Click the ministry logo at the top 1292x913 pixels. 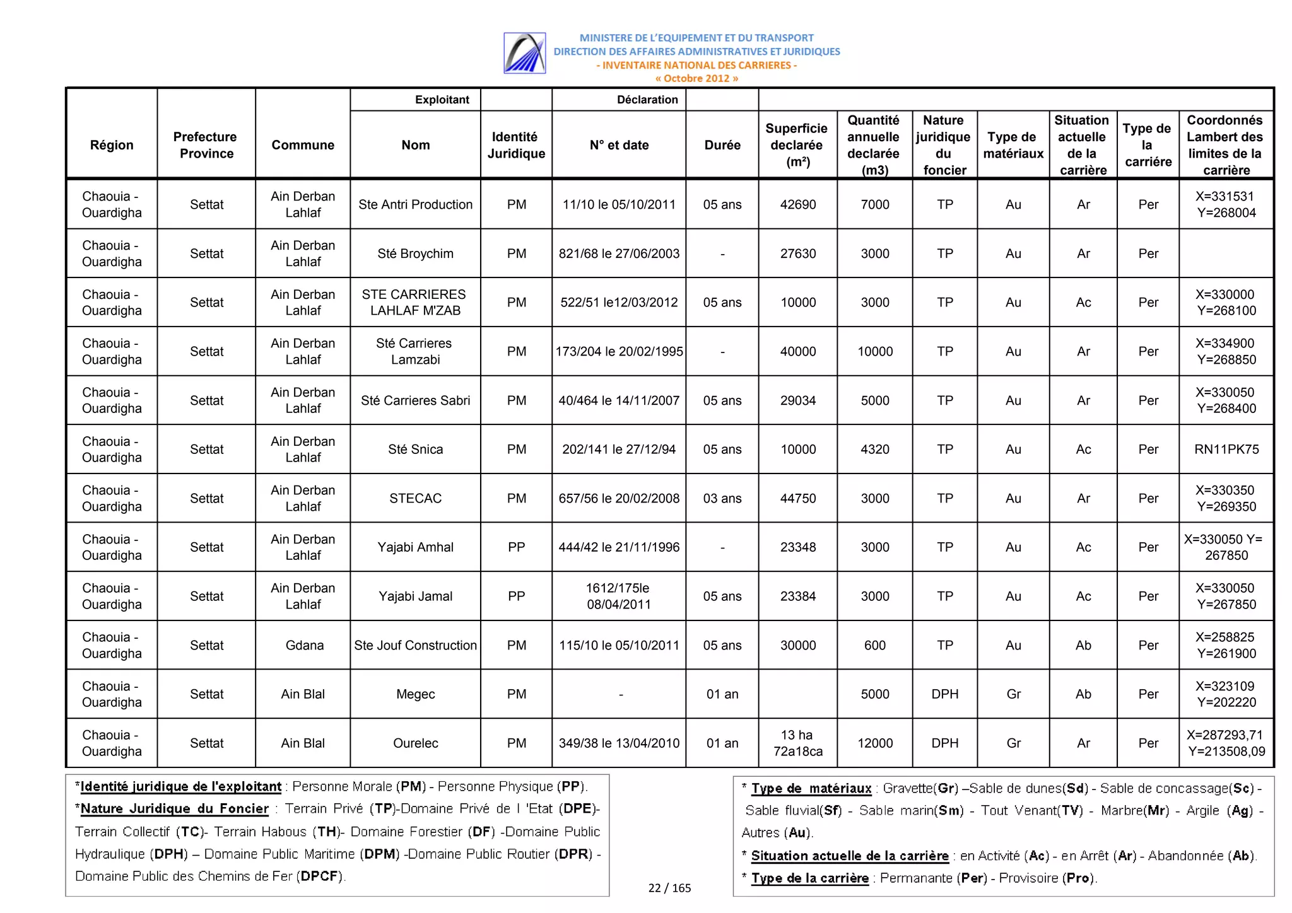tap(524, 53)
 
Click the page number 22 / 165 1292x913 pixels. tap(669, 888)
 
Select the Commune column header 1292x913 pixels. tap(303, 145)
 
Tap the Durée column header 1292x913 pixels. tap(722, 145)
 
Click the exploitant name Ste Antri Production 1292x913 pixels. tap(415, 204)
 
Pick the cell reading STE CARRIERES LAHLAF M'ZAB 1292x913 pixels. tap(415, 303)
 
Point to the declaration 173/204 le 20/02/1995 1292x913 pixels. tap(619, 351)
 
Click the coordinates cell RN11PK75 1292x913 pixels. tap(1226, 449)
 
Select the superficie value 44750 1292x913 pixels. tap(798, 498)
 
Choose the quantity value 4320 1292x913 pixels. tap(875, 449)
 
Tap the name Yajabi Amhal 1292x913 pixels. tap(415, 547)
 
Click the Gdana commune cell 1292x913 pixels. tap(304, 645)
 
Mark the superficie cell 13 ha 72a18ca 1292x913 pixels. tap(797, 743)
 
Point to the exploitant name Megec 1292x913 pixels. tap(415, 694)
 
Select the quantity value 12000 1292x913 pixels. tap(875, 743)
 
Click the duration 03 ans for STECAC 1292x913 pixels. tap(722, 498)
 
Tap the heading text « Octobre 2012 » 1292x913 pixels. tap(696, 79)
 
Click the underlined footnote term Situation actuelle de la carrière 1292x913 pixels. tap(849, 856)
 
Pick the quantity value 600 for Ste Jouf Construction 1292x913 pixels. tap(875, 645)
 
